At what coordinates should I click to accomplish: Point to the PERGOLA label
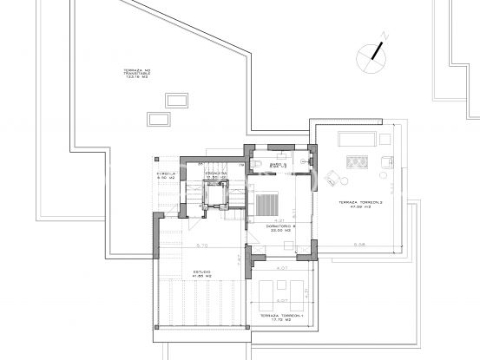click(167, 174)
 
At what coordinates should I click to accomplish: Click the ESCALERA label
click(216, 174)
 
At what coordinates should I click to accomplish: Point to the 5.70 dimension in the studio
click(201, 245)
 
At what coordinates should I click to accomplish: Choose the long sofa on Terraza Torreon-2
click(355, 141)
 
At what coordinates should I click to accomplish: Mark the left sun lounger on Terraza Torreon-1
click(266, 288)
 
